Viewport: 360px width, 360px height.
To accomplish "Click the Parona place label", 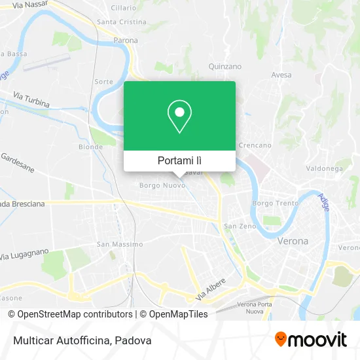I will point(126,40).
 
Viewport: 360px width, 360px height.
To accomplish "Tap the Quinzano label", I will point(225,66).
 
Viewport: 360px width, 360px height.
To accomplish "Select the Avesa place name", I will point(281,75).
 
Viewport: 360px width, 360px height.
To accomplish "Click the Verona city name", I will point(293,241).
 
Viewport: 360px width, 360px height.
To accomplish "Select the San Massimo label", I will point(119,244).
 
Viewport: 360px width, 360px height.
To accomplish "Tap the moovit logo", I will point(311,340).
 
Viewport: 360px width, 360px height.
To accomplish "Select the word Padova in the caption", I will point(135,340).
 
